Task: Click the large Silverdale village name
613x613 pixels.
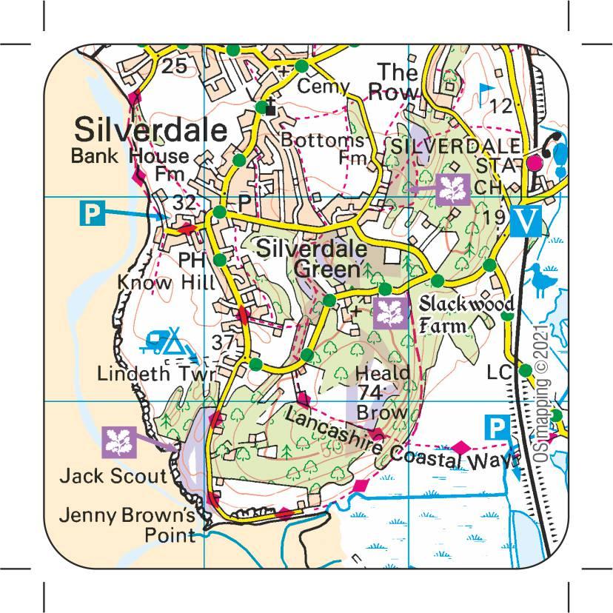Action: (x=150, y=130)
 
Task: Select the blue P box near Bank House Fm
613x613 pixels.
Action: (x=90, y=213)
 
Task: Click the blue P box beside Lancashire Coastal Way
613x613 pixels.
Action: (x=497, y=427)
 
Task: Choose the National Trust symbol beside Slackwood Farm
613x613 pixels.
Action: (x=387, y=312)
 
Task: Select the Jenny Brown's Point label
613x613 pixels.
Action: (x=127, y=524)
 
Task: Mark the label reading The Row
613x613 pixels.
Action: (x=395, y=82)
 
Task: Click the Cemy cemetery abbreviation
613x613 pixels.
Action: (x=323, y=87)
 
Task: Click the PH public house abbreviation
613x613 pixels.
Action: (x=191, y=260)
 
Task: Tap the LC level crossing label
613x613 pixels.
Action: (x=500, y=373)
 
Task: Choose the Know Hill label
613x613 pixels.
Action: (x=166, y=283)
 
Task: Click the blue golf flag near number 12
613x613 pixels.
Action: (x=486, y=92)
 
